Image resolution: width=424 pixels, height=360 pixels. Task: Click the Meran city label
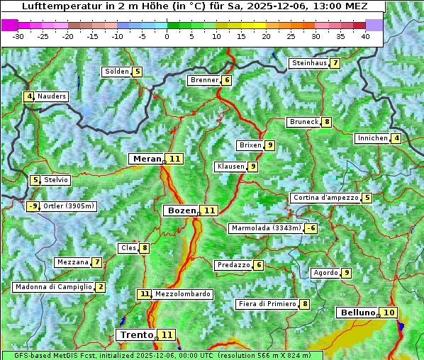click(x=147, y=159)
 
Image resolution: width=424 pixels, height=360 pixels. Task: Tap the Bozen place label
click(x=181, y=210)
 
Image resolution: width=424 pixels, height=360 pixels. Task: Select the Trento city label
click(x=136, y=334)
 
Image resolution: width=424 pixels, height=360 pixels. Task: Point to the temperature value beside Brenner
click(x=227, y=80)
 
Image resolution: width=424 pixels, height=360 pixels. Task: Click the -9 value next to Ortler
click(x=33, y=206)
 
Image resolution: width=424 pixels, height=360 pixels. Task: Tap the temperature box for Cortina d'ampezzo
click(x=367, y=198)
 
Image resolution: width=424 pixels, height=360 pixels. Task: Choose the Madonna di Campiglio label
click(x=53, y=287)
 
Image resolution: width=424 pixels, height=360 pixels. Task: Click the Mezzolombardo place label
click(x=182, y=294)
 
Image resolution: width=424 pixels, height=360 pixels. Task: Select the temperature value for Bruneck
click(x=326, y=122)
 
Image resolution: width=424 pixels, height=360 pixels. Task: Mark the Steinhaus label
click(x=309, y=63)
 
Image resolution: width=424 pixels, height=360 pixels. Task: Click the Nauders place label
click(x=52, y=96)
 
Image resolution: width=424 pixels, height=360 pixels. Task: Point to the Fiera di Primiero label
click(x=267, y=304)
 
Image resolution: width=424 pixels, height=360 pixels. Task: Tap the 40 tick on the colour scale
click(x=365, y=35)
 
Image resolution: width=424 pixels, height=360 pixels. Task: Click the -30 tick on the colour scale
click(x=18, y=35)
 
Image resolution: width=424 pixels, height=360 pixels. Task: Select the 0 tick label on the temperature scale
click(x=167, y=35)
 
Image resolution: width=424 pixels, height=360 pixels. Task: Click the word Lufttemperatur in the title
click(x=60, y=6)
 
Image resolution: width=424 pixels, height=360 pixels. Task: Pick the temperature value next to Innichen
click(x=396, y=138)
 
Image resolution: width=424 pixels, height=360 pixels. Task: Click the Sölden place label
click(x=116, y=72)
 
